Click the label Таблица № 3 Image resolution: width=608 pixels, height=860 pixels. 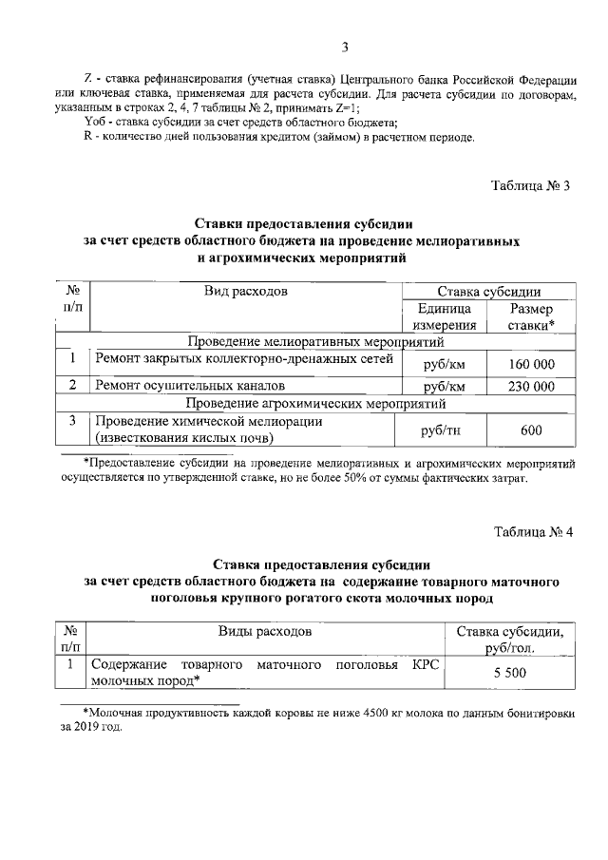(530, 185)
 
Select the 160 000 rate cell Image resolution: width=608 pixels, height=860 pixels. (531, 364)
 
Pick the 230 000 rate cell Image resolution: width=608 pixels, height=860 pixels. (531, 387)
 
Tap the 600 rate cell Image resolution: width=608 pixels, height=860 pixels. (531, 430)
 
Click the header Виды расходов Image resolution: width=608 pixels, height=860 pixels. (266, 631)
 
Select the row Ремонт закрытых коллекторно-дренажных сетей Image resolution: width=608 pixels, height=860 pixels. (242, 359)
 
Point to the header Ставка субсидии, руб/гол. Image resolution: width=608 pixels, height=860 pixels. (510, 640)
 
